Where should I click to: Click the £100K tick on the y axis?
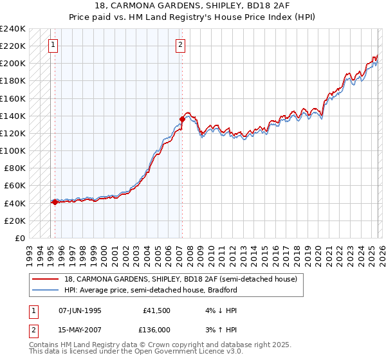pyautogui.click(x=12, y=150)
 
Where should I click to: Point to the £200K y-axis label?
pyautogui.click(x=12, y=63)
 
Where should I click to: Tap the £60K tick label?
pyautogui.click(x=14, y=185)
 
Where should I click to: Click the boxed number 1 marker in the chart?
pyautogui.click(x=53, y=45)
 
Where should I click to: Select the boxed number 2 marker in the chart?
pyautogui.click(x=180, y=45)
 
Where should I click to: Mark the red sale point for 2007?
pyautogui.click(x=183, y=119)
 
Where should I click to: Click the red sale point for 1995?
pyautogui.click(x=55, y=202)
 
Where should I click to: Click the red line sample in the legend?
pyautogui.click(x=46, y=279)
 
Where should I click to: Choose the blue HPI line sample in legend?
pyautogui.click(x=46, y=290)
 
